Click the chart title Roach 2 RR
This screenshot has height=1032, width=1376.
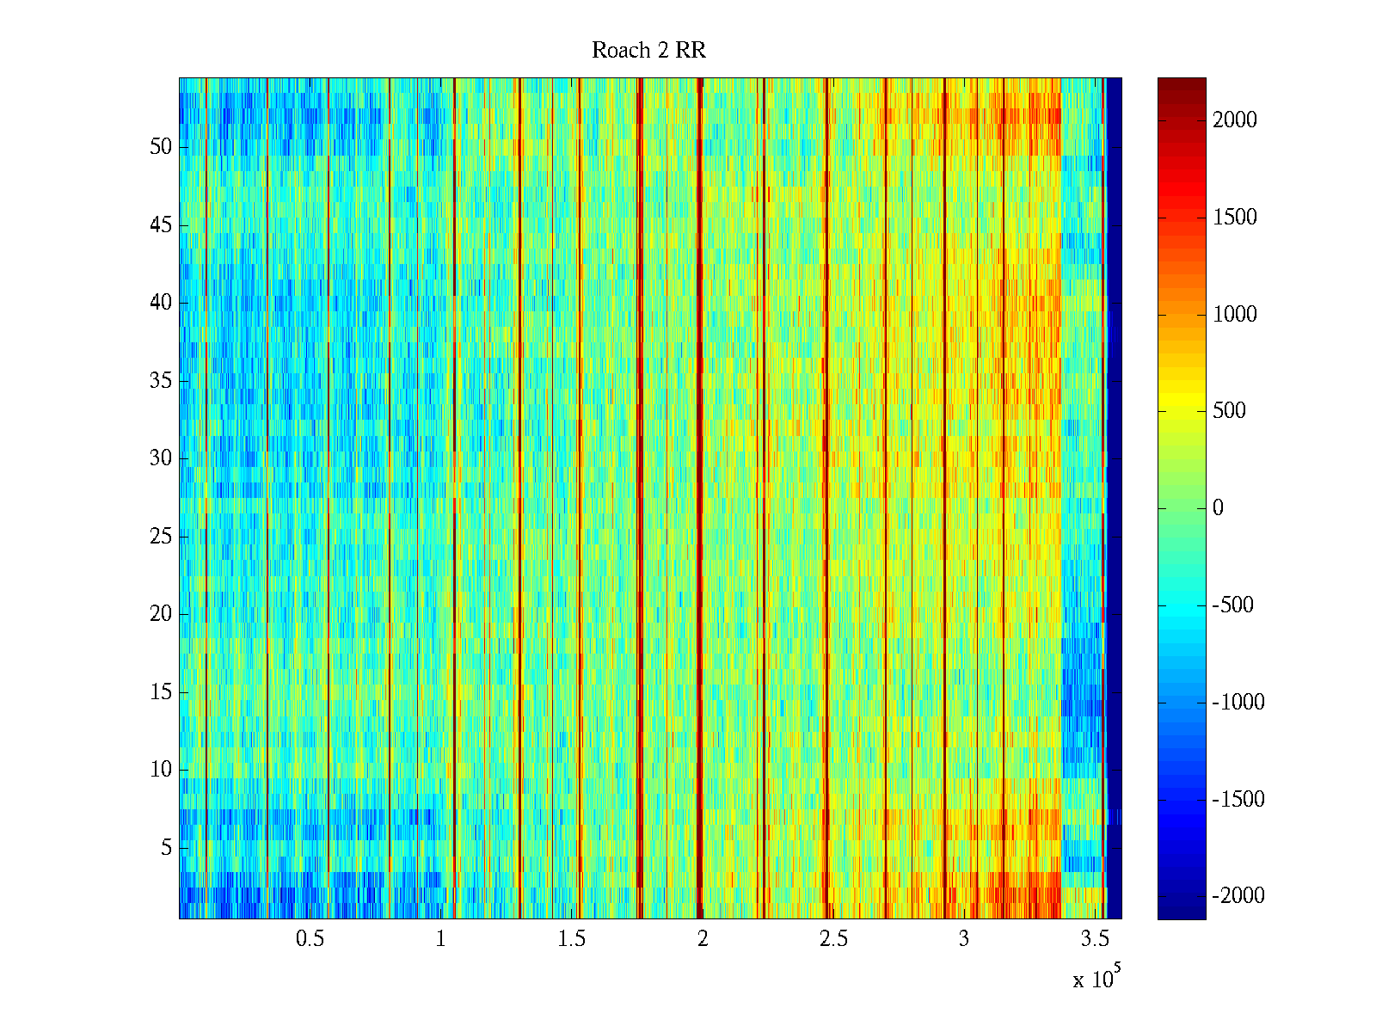pyautogui.click(x=648, y=51)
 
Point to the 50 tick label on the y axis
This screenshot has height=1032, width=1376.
pyautogui.click(x=161, y=147)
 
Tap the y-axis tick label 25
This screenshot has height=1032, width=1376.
pyautogui.click(x=161, y=537)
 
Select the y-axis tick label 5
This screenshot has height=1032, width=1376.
pyautogui.click(x=166, y=848)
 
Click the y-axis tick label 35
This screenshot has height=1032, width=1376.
pyautogui.click(x=161, y=381)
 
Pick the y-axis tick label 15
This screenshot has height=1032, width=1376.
pyautogui.click(x=161, y=692)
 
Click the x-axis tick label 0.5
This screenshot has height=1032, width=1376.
pyautogui.click(x=310, y=939)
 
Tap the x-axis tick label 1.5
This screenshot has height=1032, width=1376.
pyautogui.click(x=571, y=939)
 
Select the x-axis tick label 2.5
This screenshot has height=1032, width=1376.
pyautogui.click(x=833, y=939)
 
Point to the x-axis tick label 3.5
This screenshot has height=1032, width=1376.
pyautogui.click(x=1095, y=939)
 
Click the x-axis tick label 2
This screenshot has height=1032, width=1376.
pyautogui.click(x=703, y=939)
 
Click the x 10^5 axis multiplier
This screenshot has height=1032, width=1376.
pyautogui.click(x=1096, y=979)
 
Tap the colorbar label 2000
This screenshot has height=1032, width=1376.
pyautogui.click(x=1235, y=120)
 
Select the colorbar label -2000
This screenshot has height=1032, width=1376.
pyautogui.click(x=1238, y=896)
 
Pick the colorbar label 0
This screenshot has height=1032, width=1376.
pyautogui.click(x=1218, y=508)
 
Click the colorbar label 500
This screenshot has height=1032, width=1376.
pyautogui.click(x=1229, y=411)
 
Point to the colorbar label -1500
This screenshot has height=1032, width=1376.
pyautogui.click(x=1238, y=800)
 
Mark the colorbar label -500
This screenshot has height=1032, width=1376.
pyautogui.click(x=1233, y=605)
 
